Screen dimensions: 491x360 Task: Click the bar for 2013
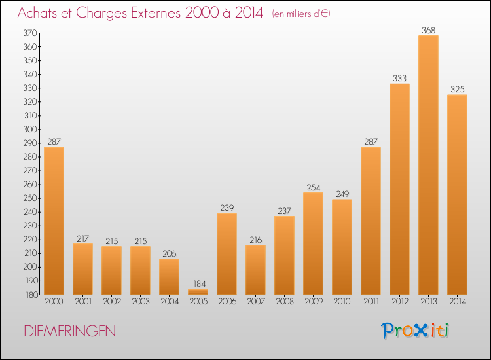428,165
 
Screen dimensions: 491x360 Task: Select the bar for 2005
198,291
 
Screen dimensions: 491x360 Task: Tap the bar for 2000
54,221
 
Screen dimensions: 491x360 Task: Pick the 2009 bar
313,243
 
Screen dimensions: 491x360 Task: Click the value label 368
428,30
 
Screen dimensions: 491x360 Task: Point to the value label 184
200,283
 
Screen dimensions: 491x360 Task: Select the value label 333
399,79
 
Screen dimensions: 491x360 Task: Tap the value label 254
313,187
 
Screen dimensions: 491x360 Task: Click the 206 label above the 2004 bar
170,253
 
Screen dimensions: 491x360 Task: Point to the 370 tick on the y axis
30,33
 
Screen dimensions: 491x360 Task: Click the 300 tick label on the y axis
30,130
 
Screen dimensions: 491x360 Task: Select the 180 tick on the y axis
31,295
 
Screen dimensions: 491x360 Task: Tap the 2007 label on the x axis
256,302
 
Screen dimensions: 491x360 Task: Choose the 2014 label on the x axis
458,302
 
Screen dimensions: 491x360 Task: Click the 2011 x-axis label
371,302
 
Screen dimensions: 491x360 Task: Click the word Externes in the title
156,13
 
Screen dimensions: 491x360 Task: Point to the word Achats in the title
37,13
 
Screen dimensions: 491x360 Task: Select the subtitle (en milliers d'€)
301,14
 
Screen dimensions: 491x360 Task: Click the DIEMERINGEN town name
70,331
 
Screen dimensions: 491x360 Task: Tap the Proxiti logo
415,331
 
